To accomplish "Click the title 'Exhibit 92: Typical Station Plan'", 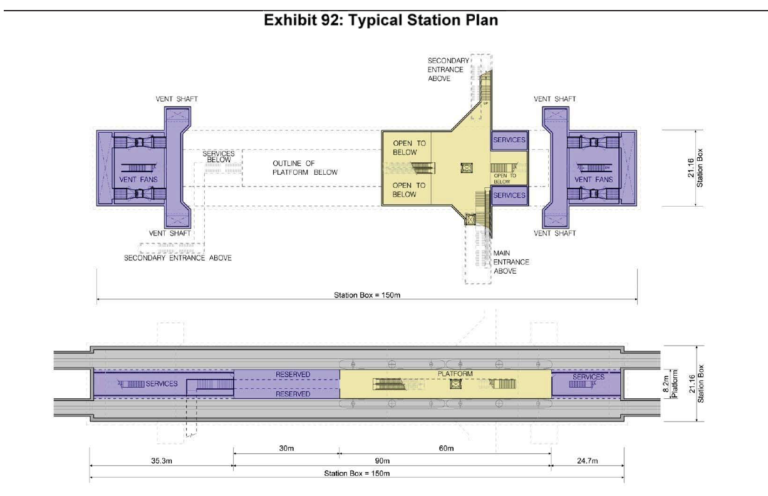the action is tap(381, 20).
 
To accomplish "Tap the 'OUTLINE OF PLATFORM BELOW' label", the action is tap(305, 168).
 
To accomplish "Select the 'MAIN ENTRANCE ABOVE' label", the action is tap(511, 262).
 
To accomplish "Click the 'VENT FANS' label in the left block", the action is tap(138, 179).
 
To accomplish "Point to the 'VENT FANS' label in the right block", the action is tap(593, 179).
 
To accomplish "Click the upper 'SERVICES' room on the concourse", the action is tap(509, 140).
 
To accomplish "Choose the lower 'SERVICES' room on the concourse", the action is tap(509, 195).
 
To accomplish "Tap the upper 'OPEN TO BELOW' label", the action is tap(410, 148).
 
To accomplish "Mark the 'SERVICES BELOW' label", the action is tap(219, 157).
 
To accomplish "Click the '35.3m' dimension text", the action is tap(162, 461).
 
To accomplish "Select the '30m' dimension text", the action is tap(286, 448).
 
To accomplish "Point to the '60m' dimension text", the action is tap(447, 448).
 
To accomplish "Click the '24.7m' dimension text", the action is tap(588, 461).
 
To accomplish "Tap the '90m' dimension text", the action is tap(382, 461).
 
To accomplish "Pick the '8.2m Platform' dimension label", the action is tap(670, 384).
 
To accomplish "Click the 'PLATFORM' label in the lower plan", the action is tap(455, 374).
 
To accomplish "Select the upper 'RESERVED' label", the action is tap(293, 375).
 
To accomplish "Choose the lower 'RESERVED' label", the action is tap(293, 394).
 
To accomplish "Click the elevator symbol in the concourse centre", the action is tap(466, 168).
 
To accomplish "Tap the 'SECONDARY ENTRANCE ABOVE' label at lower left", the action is tap(178, 258).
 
